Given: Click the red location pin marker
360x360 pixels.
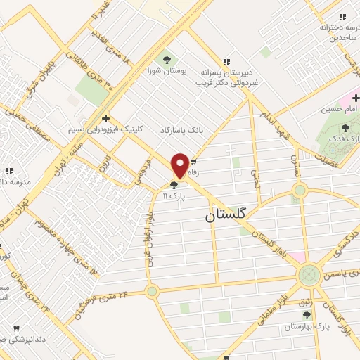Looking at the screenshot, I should (180, 165).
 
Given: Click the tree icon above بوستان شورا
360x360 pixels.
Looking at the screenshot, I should (167, 59).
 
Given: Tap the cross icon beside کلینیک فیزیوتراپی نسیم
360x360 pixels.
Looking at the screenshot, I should (105, 118).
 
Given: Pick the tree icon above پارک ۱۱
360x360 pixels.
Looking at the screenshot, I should (174, 186).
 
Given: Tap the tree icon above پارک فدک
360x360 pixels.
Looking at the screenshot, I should (346, 127).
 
